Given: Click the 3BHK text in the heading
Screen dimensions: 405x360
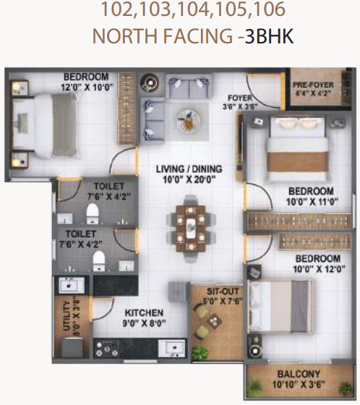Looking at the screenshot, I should pyautogui.click(x=269, y=37).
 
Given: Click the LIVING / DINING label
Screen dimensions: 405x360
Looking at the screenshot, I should pyautogui.click(x=189, y=170).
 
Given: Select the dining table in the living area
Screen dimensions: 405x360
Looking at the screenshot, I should pyautogui.click(x=189, y=226).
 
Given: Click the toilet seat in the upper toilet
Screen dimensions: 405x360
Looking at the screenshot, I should pyautogui.click(x=93, y=213).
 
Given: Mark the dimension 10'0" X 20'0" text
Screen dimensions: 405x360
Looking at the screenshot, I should pyautogui.click(x=189, y=180).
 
